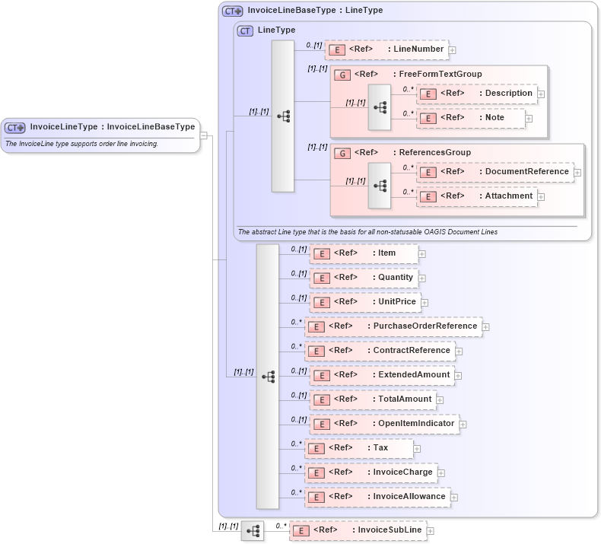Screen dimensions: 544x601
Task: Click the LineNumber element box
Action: (x=386, y=49)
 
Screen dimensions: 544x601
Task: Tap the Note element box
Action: (x=472, y=119)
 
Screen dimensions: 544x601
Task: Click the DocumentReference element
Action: (x=495, y=172)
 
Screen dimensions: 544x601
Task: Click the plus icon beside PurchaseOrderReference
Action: (x=486, y=327)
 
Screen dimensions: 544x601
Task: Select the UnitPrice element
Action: (x=364, y=302)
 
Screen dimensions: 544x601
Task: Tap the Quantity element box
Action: (x=364, y=278)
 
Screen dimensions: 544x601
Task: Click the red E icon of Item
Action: (x=322, y=253)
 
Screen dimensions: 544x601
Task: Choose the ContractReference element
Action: (x=380, y=351)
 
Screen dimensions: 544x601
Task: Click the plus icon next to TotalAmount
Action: (x=440, y=400)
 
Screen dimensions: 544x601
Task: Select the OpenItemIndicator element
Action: (x=384, y=424)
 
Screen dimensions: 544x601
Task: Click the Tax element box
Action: (x=358, y=448)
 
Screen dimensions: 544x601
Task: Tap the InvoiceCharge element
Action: (x=371, y=472)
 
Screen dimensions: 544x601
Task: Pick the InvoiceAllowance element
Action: (x=377, y=497)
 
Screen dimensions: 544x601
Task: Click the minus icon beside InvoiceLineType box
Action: (x=204, y=135)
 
